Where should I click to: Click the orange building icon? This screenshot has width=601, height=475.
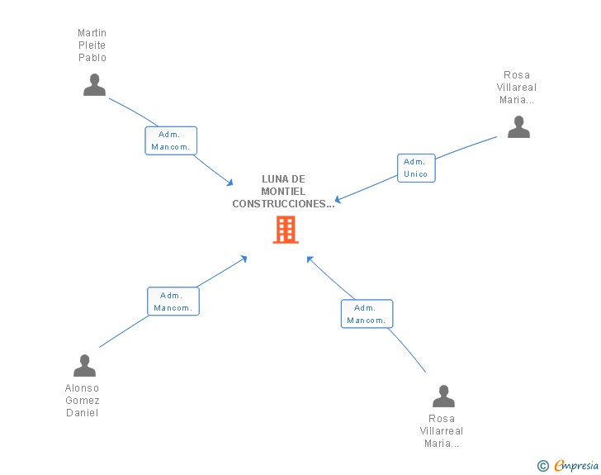click(x=286, y=230)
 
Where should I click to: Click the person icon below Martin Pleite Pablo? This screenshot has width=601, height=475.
click(x=95, y=85)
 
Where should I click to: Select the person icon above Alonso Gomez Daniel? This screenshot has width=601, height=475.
click(x=84, y=366)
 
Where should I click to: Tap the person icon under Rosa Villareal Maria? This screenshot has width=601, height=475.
click(x=518, y=126)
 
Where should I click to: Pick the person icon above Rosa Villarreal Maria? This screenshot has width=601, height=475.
click(x=444, y=397)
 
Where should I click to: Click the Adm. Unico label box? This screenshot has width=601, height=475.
click(x=416, y=168)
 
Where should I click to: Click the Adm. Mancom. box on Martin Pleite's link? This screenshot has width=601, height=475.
click(x=171, y=140)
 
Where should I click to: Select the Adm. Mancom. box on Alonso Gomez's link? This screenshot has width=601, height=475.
click(x=173, y=302)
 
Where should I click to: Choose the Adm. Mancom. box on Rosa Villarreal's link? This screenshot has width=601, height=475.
click(x=367, y=314)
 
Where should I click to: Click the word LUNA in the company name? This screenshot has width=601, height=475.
click(x=272, y=178)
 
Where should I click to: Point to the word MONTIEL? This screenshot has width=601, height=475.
click(x=283, y=191)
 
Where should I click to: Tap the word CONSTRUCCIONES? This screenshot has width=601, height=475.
click(x=281, y=203)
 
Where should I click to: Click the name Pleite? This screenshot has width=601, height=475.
click(x=92, y=45)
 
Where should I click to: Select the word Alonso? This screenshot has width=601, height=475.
click(x=83, y=388)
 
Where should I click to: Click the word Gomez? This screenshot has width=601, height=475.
click(x=83, y=401)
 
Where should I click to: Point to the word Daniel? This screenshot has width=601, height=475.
click(x=83, y=413)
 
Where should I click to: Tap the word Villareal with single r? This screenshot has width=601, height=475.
click(x=517, y=88)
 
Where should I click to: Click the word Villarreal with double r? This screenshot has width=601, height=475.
click(x=442, y=431)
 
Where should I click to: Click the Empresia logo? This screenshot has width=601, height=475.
click(x=576, y=466)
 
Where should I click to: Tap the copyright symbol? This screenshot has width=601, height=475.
click(x=543, y=466)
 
